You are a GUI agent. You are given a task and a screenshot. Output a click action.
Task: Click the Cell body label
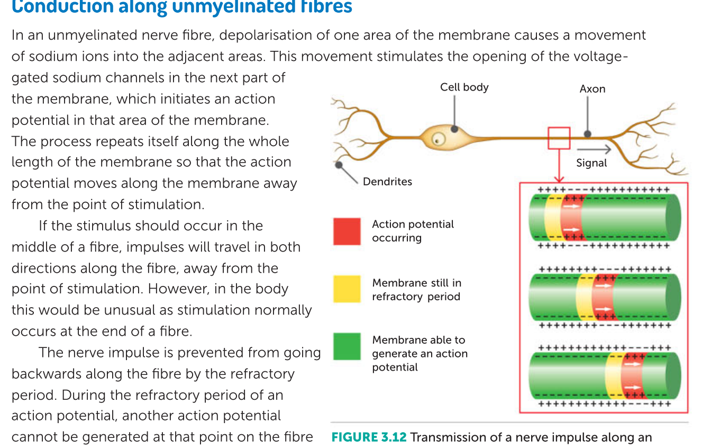coord(464,87)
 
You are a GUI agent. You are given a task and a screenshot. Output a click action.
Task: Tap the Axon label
coord(592,89)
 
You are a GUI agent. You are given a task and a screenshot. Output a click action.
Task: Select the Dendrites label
coord(387,182)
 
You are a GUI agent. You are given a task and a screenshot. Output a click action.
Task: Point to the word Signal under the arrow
coord(591,163)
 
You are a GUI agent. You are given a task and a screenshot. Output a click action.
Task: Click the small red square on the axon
coord(559,138)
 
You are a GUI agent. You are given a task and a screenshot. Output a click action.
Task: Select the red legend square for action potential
coord(347,231)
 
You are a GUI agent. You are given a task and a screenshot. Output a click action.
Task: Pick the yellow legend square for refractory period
coord(347,289)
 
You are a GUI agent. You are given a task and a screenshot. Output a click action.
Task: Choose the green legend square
coord(347,346)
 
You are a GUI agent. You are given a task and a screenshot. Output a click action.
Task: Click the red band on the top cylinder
coord(571,217)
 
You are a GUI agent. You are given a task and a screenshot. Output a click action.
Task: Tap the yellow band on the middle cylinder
coord(584,298)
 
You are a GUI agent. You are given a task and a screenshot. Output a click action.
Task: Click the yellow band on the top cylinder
coord(552,217)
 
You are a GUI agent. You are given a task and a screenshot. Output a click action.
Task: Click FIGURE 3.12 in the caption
coord(368,437)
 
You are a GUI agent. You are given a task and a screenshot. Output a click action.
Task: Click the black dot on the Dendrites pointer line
coord(338,165)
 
